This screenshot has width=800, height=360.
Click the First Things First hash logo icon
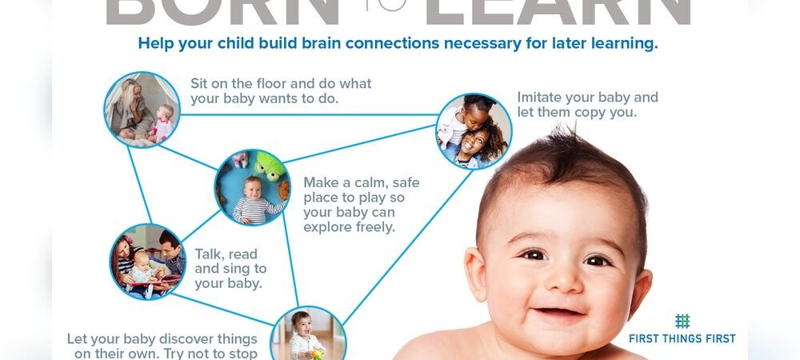pyautogui.click(x=682, y=321)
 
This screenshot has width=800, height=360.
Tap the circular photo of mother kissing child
pyautogui.click(x=474, y=131)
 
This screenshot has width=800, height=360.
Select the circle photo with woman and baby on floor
pyautogui.click(x=142, y=110)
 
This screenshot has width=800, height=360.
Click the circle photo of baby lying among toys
pyautogui.click(x=252, y=187)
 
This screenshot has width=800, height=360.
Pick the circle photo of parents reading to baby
pyautogui.click(x=148, y=261)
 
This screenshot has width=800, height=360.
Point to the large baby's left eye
pyautogui.click(x=598, y=260)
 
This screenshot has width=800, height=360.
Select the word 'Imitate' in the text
pyautogui.click(x=542, y=98)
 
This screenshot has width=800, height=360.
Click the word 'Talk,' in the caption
pyautogui.click(x=210, y=254)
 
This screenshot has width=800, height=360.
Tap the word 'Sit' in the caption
pyautogui.click(x=200, y=83)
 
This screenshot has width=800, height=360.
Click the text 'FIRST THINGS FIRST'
pyautogui.click(x=682, y=338)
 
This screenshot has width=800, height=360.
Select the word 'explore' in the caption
pyautogui.click(x=327, y=226)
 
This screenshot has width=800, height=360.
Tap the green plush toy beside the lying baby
pyautogui.click(x=270, y=166)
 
